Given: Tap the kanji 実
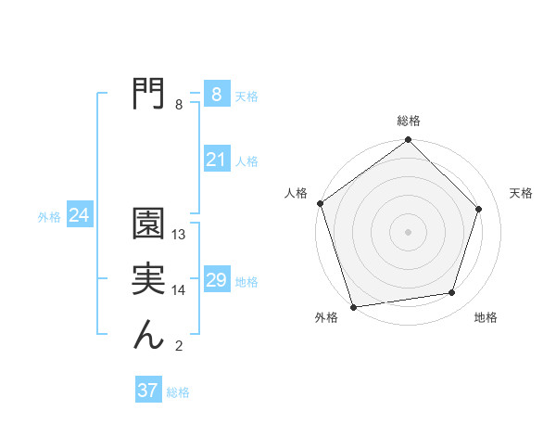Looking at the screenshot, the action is coord(149,279).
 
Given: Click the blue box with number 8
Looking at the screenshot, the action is coord(216,95).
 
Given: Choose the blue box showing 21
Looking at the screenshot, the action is coord(216,160).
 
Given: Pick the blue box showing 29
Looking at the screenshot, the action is coord(216,280).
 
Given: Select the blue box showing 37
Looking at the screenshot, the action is coord(148,391).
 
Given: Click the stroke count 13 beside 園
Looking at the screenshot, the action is coord(180,235).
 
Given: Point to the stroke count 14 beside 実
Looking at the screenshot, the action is coord(180,290).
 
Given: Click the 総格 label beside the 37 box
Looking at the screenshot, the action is coord(178,392).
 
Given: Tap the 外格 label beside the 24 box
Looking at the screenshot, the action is coord(49,217).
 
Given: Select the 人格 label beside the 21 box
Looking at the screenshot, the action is coord(246,161).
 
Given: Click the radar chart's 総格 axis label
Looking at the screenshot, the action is coord(409,122).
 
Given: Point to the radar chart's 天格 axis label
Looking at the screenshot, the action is coord(522,193).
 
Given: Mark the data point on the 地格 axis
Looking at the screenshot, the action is coord(452,293).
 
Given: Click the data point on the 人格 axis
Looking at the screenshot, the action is coord(321,203).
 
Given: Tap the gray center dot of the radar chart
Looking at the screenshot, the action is coord(409,231).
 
